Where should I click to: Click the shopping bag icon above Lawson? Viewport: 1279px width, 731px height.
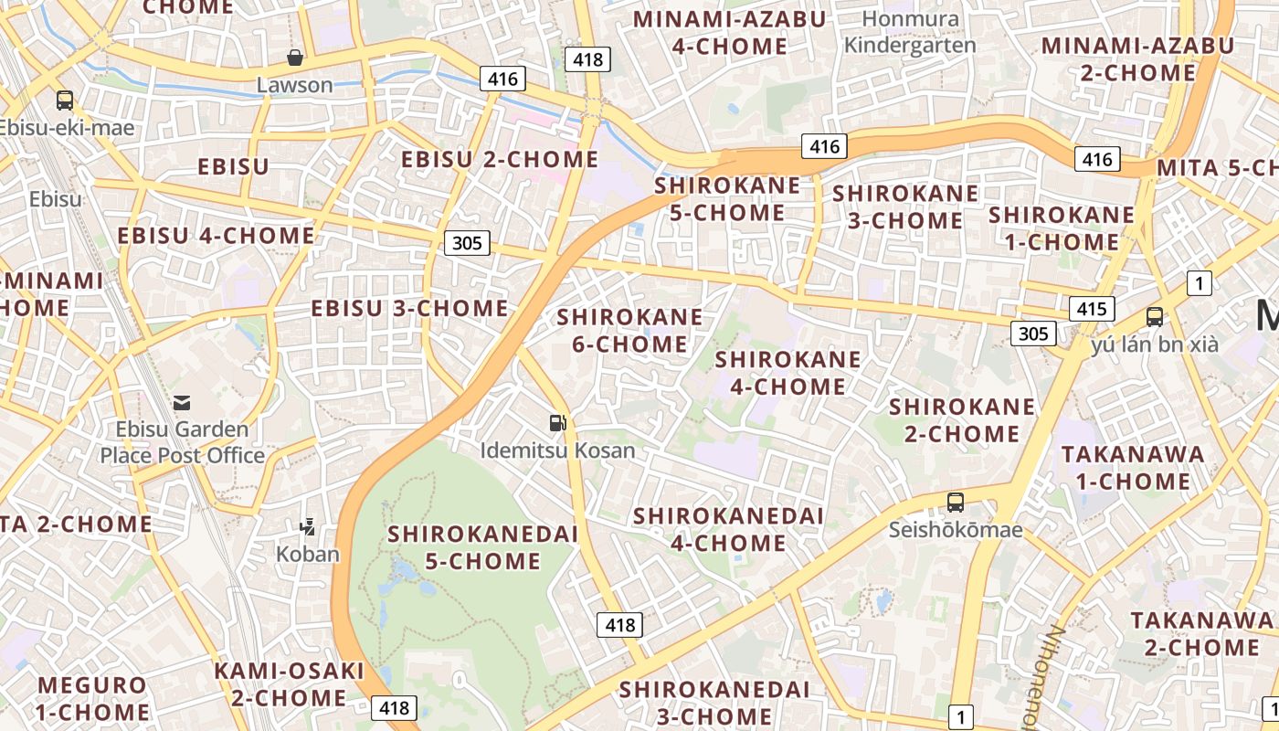295,58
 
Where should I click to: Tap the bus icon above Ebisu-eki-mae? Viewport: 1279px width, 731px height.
64,101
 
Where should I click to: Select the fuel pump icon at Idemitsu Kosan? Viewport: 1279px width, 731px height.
557,422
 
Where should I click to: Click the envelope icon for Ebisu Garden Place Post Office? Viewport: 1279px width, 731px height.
182,402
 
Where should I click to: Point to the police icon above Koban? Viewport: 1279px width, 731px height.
308,526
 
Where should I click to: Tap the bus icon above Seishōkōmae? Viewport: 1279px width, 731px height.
955,502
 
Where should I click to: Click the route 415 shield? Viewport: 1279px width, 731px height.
1092,309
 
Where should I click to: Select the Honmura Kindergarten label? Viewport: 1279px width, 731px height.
910,32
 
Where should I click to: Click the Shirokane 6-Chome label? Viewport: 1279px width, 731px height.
629,331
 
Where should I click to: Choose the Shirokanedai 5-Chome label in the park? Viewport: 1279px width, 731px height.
483,547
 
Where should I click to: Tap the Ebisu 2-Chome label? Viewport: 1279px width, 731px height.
500,160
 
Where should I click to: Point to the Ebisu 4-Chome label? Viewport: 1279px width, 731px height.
216,236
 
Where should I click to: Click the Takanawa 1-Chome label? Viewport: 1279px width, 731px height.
1132,468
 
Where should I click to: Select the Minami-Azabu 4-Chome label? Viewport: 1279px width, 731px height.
729,32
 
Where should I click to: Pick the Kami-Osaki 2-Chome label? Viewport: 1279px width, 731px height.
289,684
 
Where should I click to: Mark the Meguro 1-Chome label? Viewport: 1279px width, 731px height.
91,698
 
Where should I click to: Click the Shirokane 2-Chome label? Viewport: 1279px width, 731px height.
961,419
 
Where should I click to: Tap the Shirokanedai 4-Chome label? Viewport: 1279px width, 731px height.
728,529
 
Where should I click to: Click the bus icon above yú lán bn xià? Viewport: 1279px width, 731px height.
1155,317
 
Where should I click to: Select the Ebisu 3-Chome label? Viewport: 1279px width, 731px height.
409,309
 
